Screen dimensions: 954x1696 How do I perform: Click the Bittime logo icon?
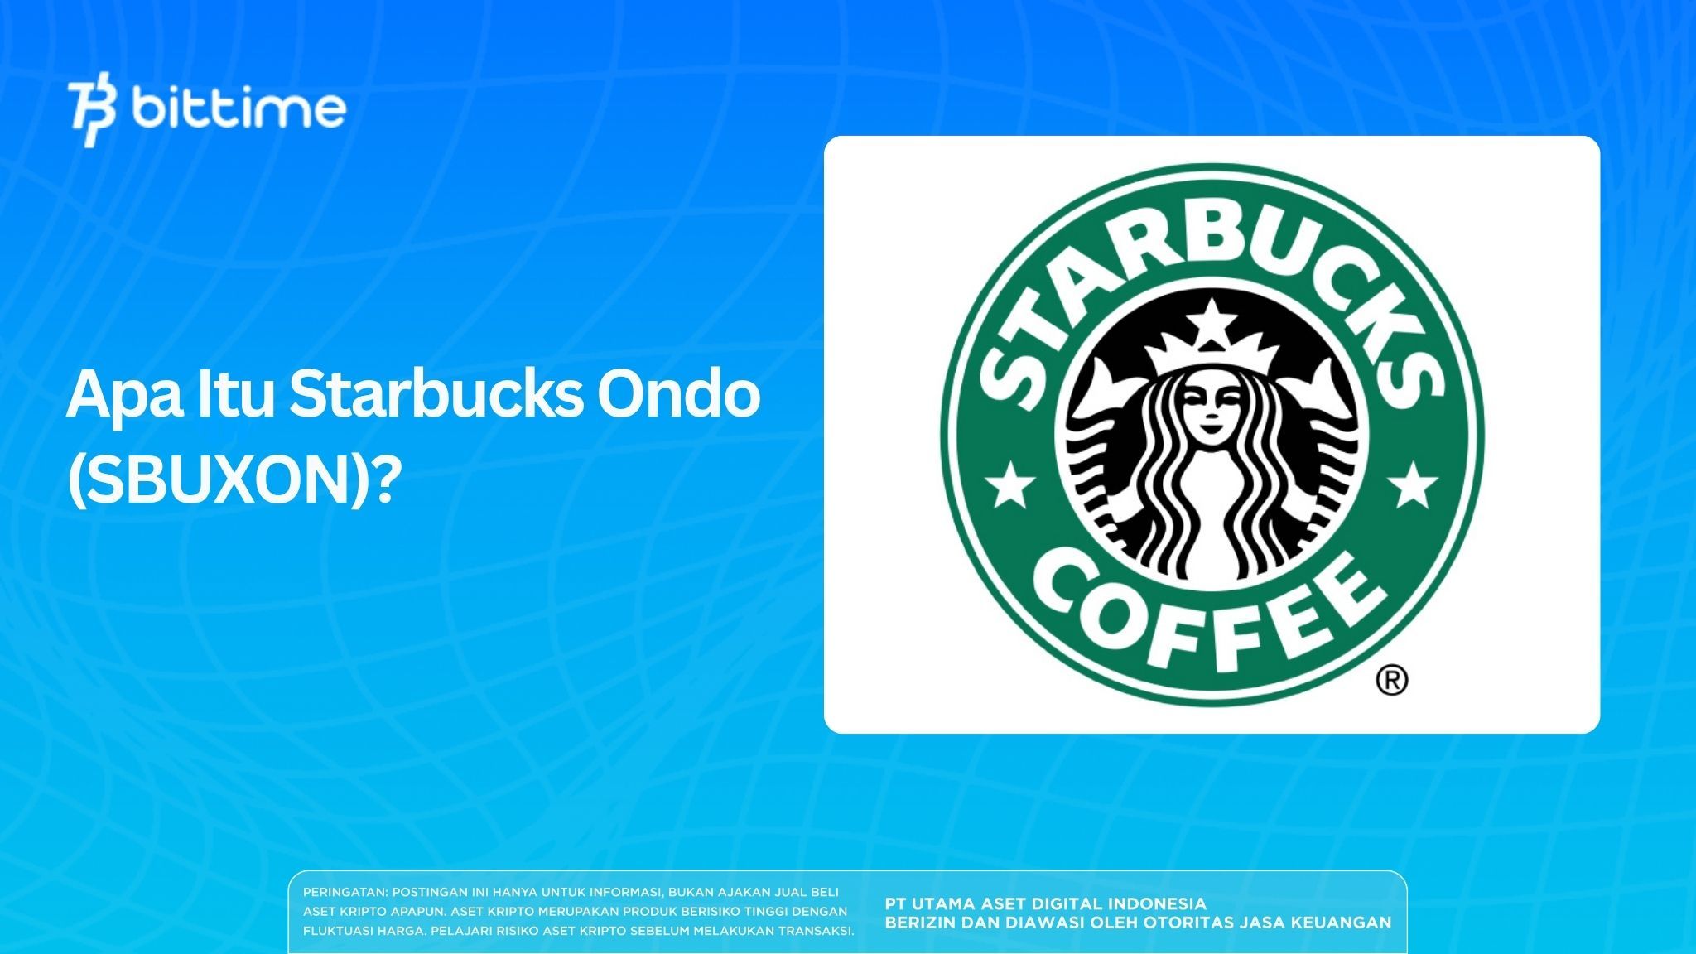93,113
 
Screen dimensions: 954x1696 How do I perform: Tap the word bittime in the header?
238,109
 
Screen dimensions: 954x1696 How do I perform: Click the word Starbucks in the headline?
436,395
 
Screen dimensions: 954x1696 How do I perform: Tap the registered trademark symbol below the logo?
1391,680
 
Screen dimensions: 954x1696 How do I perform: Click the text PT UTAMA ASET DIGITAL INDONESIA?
1045,903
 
